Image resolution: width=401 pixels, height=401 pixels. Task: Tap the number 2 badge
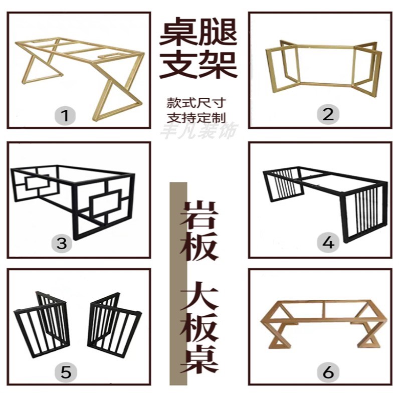pos(328,114)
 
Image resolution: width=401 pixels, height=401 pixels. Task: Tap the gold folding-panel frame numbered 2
pos(323,68)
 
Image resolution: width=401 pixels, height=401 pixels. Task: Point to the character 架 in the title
pos(220,64)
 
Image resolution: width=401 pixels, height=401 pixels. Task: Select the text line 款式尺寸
pos(196,103)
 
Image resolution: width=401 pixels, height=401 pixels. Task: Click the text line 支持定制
pos(196,117)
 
